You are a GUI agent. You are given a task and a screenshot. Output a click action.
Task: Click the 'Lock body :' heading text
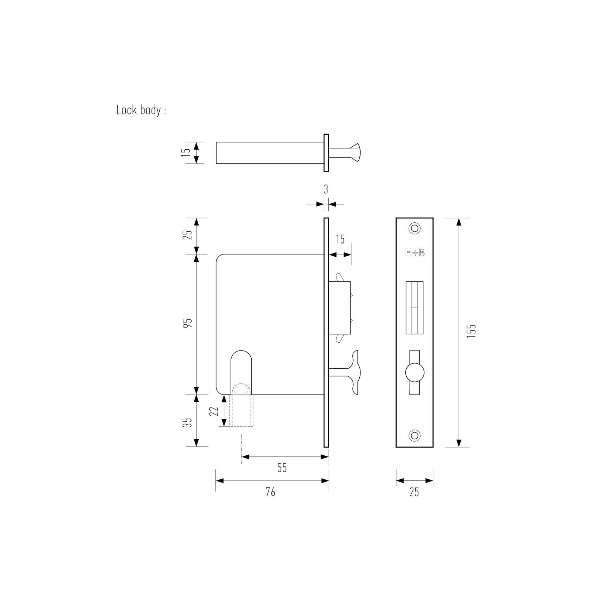141,110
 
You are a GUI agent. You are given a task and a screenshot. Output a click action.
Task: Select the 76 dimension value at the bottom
270,492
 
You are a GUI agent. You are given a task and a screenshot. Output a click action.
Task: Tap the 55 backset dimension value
282,468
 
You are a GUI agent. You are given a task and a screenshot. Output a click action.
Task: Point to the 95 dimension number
189,323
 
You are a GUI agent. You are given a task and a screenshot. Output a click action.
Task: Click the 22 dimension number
214,411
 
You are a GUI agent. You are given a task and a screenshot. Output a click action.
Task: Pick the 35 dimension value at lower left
189,422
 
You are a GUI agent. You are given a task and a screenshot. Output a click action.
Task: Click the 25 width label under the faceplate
414,492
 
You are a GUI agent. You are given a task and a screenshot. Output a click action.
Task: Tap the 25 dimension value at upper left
189,235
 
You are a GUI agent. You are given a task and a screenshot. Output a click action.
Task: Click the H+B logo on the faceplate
415,253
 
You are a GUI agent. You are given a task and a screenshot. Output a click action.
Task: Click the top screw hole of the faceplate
415,228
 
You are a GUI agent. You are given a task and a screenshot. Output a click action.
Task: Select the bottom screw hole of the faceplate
415,435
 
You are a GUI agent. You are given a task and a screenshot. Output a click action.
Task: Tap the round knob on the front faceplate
415,373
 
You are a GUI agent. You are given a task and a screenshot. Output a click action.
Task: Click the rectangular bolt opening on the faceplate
415,308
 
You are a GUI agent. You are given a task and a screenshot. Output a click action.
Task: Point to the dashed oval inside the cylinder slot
241,390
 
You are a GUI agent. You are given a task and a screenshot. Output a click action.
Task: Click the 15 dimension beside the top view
186,153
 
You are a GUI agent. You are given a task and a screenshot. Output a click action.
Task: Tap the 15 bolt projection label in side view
340,239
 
